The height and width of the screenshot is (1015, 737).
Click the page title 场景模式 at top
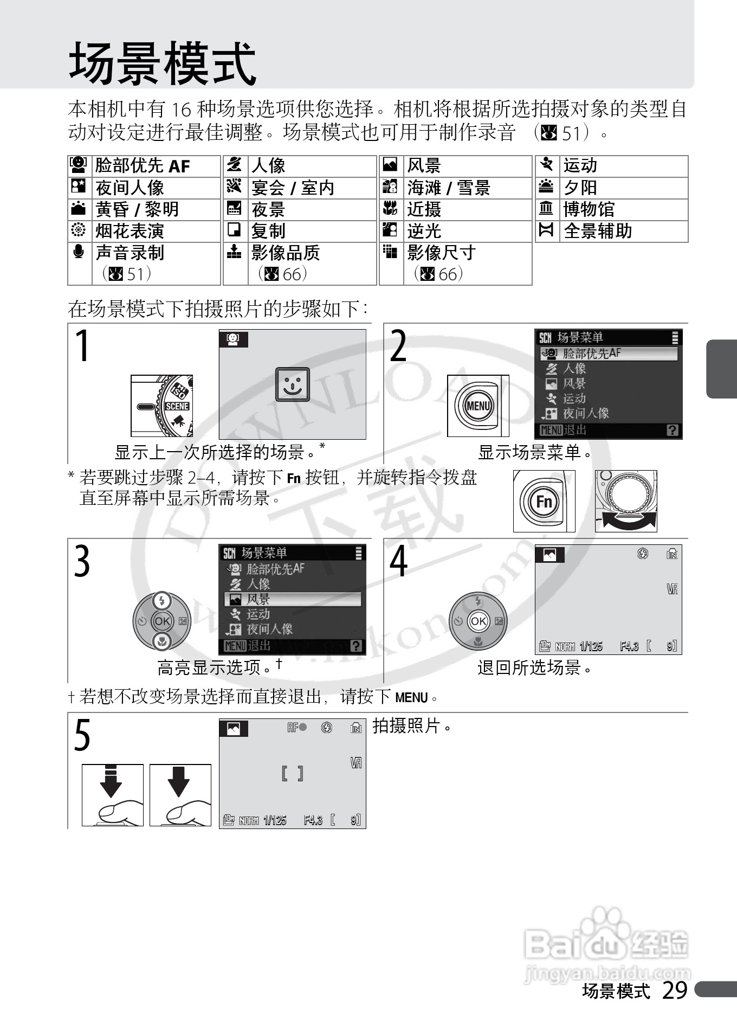pos(163,63)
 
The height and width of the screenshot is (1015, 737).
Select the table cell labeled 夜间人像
pos(130,188)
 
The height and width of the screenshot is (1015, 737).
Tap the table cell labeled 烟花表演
pos(130,231)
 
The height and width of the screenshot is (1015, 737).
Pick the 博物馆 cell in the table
pos(589,209)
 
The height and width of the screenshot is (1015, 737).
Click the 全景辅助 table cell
pos(598,231)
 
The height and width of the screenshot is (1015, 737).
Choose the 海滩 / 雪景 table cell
pos(449,188)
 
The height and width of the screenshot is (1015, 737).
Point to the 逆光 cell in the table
pos(424,231)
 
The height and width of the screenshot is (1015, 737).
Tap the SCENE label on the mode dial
pos(177,406)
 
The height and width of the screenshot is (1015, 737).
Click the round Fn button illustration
pos(544,501)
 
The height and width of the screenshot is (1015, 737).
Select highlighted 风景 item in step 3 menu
pos(293,599)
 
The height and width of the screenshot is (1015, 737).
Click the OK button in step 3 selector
pos(162,621)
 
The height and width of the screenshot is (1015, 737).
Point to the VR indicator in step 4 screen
pos(672,589)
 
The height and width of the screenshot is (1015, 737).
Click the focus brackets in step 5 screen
pos(292,773)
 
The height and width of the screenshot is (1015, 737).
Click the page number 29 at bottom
pos(675,991)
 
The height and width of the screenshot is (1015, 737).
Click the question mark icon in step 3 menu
pos(356,646)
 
